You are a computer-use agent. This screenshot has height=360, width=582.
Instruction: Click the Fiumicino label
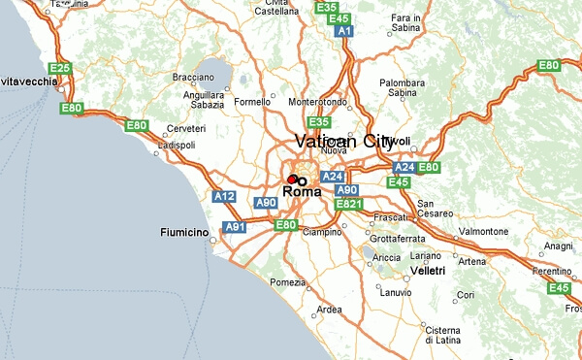[x=184, y=233]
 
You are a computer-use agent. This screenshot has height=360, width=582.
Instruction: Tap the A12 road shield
[x=225, y=197]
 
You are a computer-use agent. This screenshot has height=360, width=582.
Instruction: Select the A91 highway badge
[x=235, y=227]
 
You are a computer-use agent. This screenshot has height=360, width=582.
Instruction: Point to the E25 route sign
[x=60, y=68]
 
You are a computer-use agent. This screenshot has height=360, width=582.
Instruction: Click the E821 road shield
[x=348, y=205]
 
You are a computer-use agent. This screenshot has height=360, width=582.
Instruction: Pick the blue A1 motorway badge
[x=343, y=31]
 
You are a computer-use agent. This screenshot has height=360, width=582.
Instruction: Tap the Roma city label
[x=304, y=192]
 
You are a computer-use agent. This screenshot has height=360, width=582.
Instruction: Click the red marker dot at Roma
[x=292, y=180]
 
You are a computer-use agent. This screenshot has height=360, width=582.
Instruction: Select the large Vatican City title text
[x=343, y=142]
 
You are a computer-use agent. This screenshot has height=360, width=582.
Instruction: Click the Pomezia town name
[x=287, y=282]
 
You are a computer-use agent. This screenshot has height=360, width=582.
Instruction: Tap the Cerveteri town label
[x=186, y=129]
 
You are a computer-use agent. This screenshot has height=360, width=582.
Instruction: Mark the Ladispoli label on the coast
[x=177, y=145]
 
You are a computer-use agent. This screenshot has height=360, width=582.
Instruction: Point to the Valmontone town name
[x=482, y=232]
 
